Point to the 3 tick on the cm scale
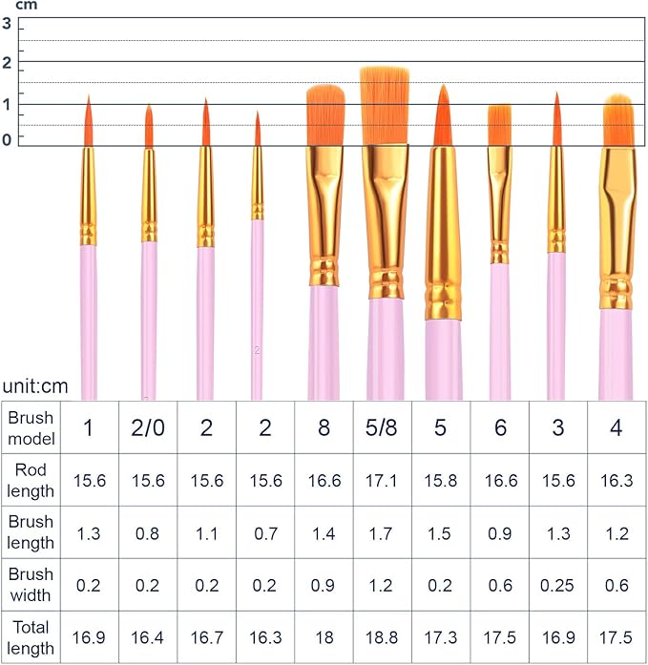coord(7,24)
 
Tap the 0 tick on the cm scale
coord(7,139)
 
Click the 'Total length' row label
coord(31,637)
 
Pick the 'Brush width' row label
coord(31,585)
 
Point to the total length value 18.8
coord(382,637)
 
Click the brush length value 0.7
coord(264,532)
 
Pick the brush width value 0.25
coord(557,585)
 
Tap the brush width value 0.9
coord(324,585)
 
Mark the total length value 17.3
coord(440,637)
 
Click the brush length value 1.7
coord(382,532)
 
